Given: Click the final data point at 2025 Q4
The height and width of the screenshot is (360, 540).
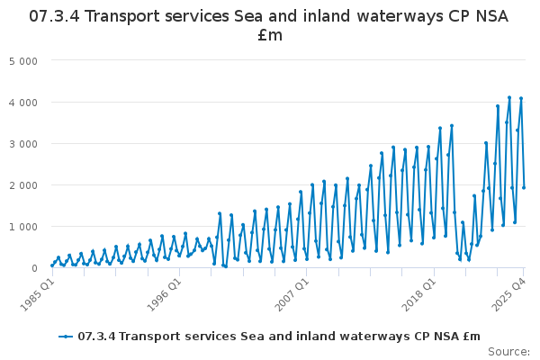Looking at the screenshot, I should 524,187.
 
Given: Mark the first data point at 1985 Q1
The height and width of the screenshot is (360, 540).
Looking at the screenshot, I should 52,265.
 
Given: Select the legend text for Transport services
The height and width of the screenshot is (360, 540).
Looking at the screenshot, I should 279,336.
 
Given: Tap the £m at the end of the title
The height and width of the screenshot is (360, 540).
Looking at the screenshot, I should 269,35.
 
